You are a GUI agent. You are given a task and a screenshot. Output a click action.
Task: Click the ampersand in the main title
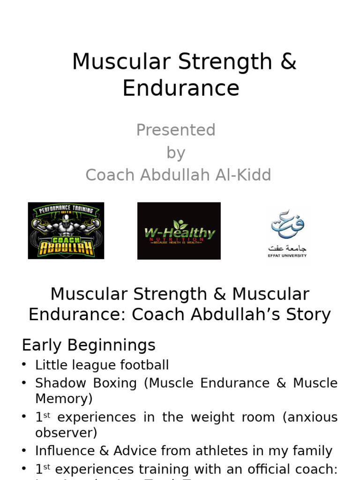click(x=288, y=62)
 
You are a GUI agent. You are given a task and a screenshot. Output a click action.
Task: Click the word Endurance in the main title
click(x=181, y=88)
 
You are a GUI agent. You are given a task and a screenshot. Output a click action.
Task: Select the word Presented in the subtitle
click(x=176, y=130)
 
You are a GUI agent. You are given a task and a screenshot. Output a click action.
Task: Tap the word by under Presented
click(x=176, y=152)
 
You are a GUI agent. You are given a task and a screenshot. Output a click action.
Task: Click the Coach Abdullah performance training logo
click(x=66, y=231)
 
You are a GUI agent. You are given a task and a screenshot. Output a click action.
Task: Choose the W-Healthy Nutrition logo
click(x=179, y=231)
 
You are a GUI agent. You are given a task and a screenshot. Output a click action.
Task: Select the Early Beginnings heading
click(x=89, y=345)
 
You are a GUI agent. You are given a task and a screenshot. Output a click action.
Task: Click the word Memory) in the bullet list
click(x=64, y=398)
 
